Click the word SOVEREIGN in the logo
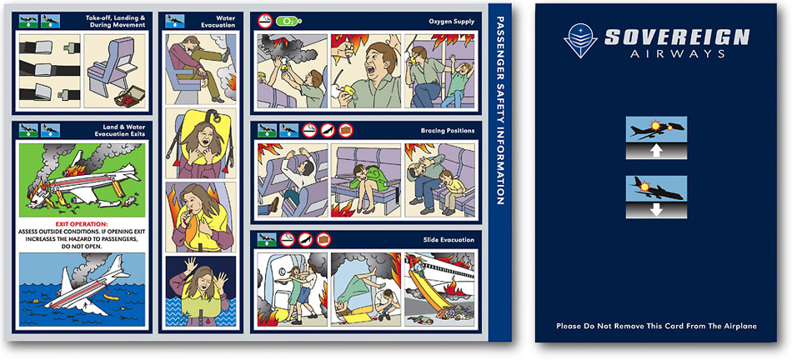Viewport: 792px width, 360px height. point(677,37)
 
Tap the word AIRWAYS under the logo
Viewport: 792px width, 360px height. point(679,53)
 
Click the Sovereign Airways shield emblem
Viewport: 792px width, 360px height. point(581,40)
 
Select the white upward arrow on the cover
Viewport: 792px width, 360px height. point(655,150)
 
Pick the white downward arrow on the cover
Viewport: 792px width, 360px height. point(655,209)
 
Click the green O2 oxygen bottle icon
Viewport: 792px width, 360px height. point(288,21)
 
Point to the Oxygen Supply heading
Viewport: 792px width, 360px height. point(452,22)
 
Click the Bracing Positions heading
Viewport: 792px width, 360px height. point(448,131)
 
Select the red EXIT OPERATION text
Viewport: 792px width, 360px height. point(82,223)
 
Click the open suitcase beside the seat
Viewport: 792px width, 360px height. point(130,96)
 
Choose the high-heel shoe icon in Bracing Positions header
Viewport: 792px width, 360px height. point(328,130)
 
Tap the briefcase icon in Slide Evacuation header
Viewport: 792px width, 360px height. point(323,239)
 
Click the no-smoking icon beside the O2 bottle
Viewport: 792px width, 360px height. point(264,21)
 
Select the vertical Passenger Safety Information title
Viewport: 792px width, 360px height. point(500,110)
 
